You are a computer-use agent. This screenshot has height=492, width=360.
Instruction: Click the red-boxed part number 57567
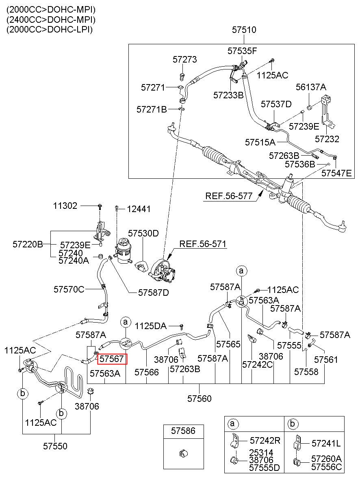[112, 359]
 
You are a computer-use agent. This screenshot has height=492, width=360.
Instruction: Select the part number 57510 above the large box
[244, 30]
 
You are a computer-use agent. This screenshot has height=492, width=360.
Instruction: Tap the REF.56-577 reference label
[229, 196]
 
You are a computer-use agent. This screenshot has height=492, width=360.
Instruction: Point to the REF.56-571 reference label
[203, 244]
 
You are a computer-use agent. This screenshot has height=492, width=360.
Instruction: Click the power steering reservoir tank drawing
[124, 251]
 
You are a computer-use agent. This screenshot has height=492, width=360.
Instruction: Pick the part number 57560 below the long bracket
[199, 399]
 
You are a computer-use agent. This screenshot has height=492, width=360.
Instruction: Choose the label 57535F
[242, 51]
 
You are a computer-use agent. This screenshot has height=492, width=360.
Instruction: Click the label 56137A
[311, 87]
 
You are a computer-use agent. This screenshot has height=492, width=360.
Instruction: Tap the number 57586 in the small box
[183, 431]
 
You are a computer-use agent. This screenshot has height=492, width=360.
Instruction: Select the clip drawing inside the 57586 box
[183, 453]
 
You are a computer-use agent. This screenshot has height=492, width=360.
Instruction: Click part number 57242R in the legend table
[265, 440]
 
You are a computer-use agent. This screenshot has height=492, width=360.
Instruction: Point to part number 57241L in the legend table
[326, 443]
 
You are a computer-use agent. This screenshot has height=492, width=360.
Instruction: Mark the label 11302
[65, 206]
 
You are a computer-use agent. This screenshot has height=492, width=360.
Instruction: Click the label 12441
[139, 209]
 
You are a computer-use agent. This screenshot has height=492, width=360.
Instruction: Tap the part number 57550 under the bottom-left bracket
[55, 446]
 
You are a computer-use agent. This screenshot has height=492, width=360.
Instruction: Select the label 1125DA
[150, 326]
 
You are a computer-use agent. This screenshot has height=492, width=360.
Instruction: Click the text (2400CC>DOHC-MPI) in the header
[51, 20]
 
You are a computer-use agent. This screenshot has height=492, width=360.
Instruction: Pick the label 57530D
[143, 233]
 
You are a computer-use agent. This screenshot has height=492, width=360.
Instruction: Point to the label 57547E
[336, 173]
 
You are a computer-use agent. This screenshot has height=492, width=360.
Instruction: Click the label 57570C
[69, 289]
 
